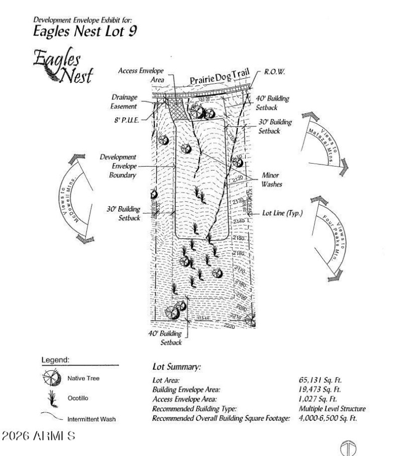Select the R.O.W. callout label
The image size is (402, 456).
(275, 72)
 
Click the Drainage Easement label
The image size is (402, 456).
(125, 102)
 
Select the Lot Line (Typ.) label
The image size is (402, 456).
(282, 213)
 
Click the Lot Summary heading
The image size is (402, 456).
(176, 367)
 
